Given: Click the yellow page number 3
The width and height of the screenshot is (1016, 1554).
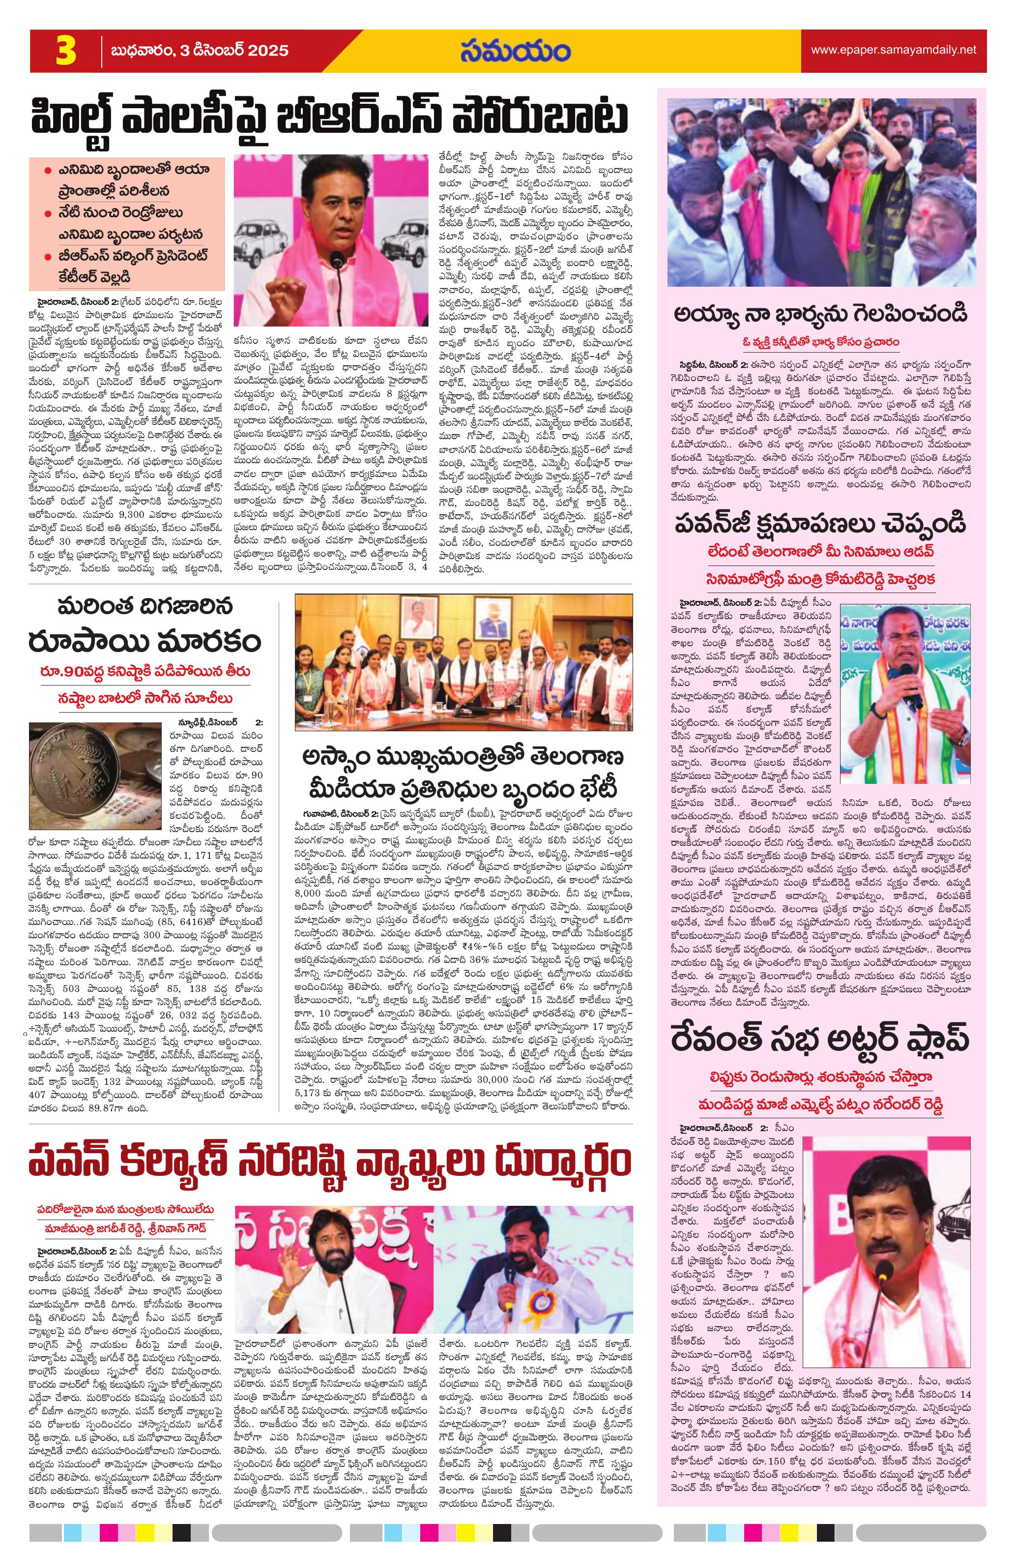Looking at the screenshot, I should [x=65, y=52].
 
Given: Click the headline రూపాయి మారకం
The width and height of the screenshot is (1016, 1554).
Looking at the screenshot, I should [x=145, y=641].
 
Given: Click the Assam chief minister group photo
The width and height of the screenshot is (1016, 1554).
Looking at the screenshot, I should [x=464, y=661].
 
